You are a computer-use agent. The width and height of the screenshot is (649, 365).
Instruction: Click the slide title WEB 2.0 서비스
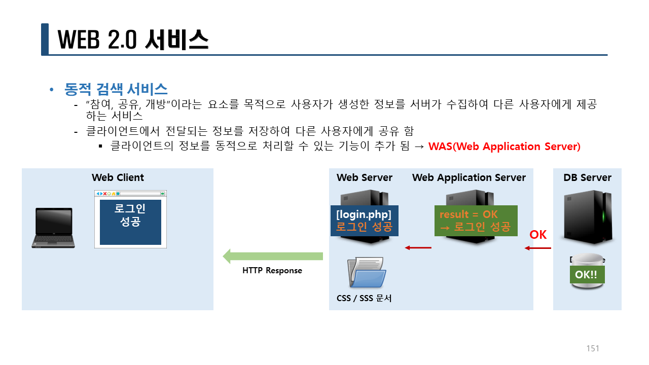click(x=133, y=40)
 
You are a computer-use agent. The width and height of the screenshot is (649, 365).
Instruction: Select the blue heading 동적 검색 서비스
click(x=116, y=90)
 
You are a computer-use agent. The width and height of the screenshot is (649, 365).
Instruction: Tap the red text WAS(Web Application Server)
click(x=504, y=147)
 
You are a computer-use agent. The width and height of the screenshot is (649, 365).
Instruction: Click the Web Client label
click(x=118, y=177)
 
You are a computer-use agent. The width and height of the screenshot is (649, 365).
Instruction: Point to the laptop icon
click(x=54, y=228)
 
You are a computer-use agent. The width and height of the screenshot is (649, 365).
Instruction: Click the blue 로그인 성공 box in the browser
click(x=130, y=222)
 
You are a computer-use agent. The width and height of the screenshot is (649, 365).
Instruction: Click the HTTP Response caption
click(x=272, y=271)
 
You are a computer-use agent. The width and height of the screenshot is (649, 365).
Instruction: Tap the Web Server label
click(x=364, y=177)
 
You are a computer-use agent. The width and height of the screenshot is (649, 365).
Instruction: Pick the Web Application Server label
click(x=468, y=177)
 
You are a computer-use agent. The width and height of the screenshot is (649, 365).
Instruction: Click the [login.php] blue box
click(x=364, y=220)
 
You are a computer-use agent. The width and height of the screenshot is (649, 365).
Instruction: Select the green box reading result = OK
click(x=475, y=221)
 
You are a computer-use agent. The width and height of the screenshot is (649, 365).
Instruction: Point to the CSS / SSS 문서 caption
click(x=364, y=298)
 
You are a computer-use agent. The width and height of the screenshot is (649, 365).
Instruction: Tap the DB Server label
click(x=587, y=177)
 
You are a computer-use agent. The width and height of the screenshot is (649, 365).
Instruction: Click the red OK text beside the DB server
click(x=538, y=235)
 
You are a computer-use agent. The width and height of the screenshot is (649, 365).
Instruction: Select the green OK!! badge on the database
click(x=587, y=275)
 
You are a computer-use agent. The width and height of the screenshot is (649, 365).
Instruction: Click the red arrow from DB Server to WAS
click(x=538, y=248)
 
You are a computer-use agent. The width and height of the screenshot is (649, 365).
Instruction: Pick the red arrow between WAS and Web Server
click(x=418, y=247)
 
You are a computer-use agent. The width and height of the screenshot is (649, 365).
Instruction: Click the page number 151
click(x=593, y=348)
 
